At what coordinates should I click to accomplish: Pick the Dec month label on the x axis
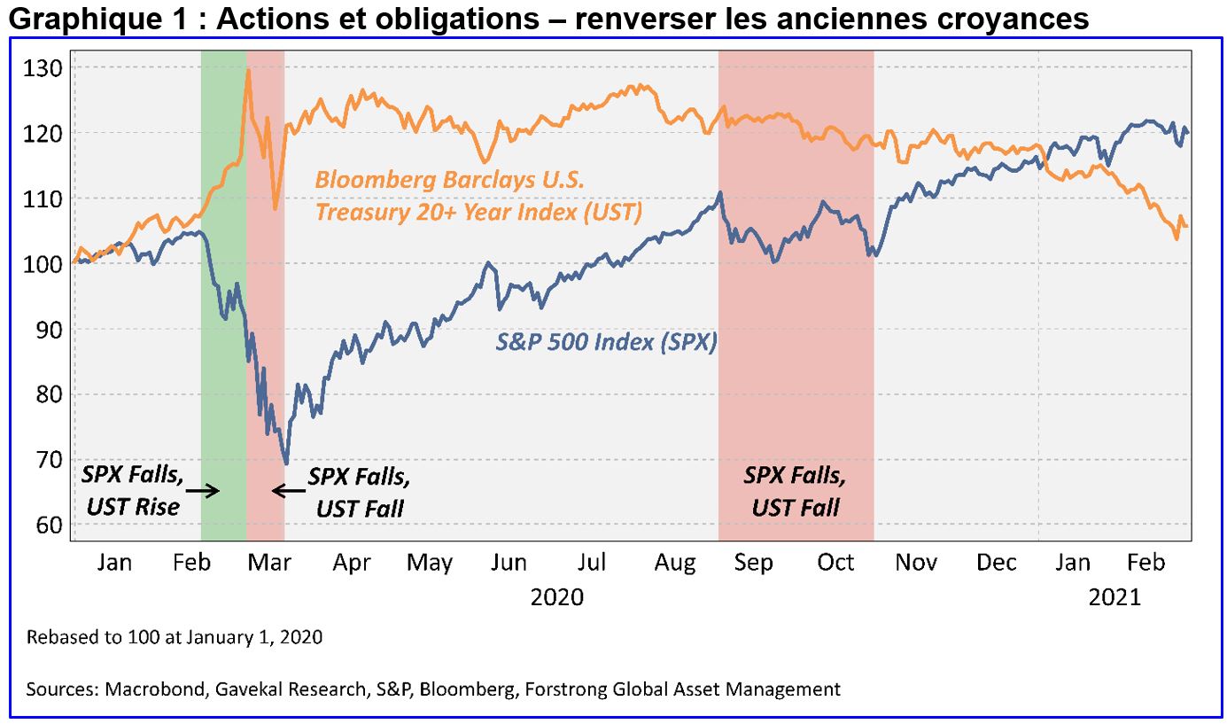[x=997, y=563]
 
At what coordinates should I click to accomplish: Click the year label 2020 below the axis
[x=556, y=596]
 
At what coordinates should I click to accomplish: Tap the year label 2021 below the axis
[x=1114, y=596]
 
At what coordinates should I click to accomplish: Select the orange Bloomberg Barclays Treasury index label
[x=478, y=196]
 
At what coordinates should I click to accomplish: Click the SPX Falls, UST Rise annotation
[x=132, y=490]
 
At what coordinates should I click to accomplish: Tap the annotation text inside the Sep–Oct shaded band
[x=796, y=490]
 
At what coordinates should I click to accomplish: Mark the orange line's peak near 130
[x=248, y=70]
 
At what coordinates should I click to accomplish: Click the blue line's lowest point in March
[x=285, y=463]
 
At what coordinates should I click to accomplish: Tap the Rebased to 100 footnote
[x=174, y=636]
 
